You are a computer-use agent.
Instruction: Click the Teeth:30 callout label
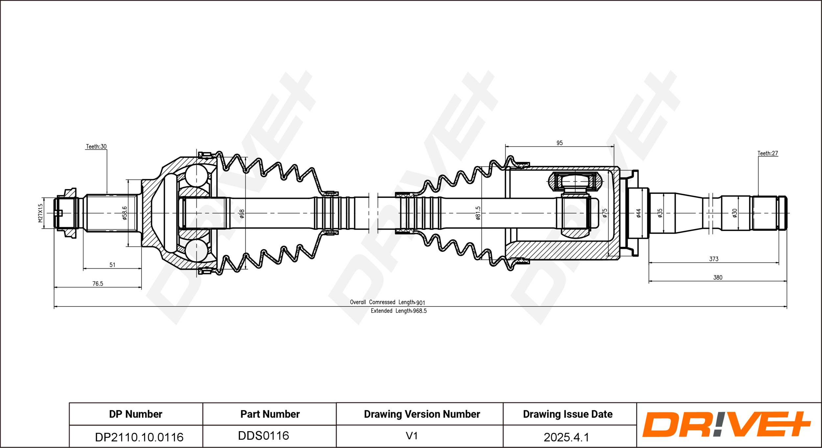(96, 147)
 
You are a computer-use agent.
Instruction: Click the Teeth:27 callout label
(767, 153)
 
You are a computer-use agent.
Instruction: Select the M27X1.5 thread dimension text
(40, 213)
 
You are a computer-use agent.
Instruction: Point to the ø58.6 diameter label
(124, 213)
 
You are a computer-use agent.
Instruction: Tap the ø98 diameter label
(242, 214)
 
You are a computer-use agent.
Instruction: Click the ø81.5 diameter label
(478, 213)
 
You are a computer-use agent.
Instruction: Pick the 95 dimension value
(559, 143)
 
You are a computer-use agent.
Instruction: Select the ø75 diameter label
(605, 213)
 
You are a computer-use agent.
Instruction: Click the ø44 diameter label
(639, 213)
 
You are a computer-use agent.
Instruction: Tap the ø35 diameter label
(660, 213)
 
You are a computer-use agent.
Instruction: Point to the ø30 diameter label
(735, 213)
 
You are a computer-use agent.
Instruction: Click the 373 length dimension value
(713, 259)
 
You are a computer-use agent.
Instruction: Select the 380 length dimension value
(717, 277)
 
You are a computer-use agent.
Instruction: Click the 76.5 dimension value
(98, 283)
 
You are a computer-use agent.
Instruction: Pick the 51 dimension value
(112, 265)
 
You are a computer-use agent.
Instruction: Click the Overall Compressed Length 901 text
(387, 302)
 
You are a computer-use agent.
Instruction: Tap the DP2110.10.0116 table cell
(139, 437)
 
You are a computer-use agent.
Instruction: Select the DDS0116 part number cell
(263, 436)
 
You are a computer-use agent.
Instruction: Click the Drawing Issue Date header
(568, 414)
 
